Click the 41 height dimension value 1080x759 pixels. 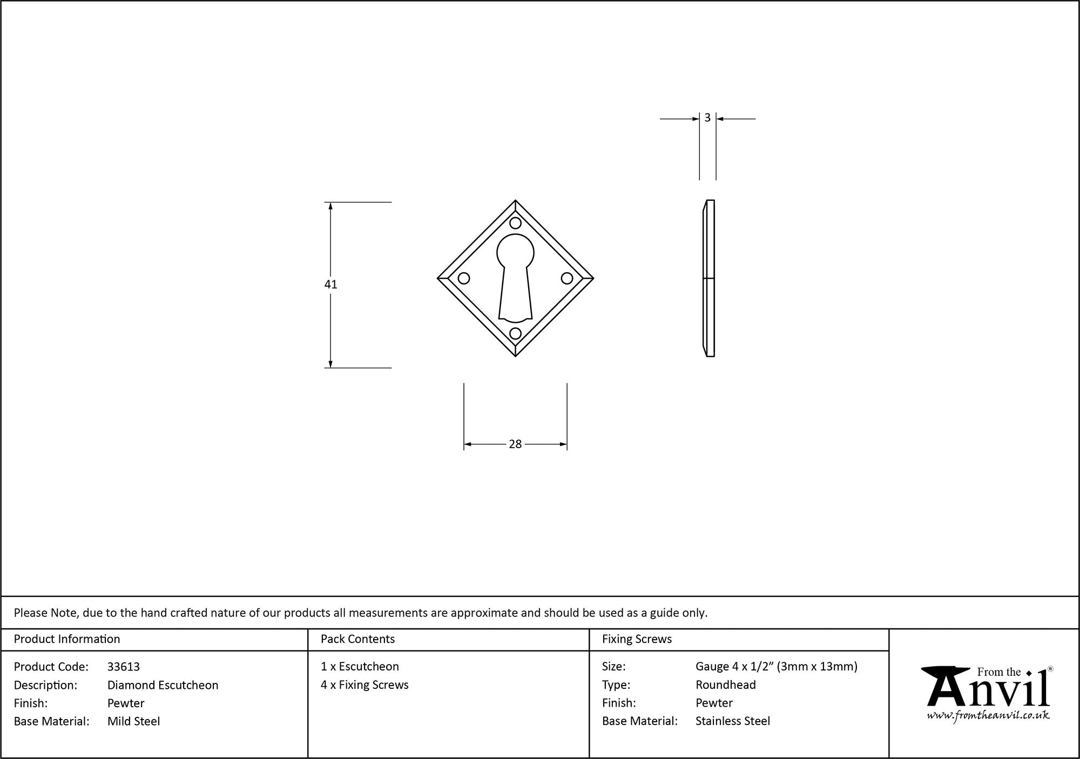click(x=331, y=284)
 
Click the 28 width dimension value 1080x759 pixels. click(x=516, y=444)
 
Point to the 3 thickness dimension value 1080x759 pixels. click(x=707, y=118)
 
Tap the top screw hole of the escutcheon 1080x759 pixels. click(x=516, y=223)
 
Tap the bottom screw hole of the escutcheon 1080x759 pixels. click(x=516, y=333)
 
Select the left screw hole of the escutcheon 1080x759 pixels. click(x=464, y=278)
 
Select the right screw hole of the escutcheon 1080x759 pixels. click(x=567, y=278)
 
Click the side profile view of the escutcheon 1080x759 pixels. click(x=708, y=279)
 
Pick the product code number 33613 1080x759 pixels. click(x=124, y=667)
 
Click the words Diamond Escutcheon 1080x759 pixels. click(x=163, y=685)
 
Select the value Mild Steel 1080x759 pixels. click(x=134, y=721)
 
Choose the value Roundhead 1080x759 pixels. click(x=726, y=685)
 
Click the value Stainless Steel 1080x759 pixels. click(x=733, y=721)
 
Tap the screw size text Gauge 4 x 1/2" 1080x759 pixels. click(x=734, y=667)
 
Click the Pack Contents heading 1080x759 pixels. click(x=358, y=639)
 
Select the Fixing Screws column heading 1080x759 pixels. click(x=637, y=639)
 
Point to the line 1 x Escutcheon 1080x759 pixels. click(x=360, y=667)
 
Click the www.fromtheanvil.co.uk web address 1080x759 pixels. click(x=988, y=715)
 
